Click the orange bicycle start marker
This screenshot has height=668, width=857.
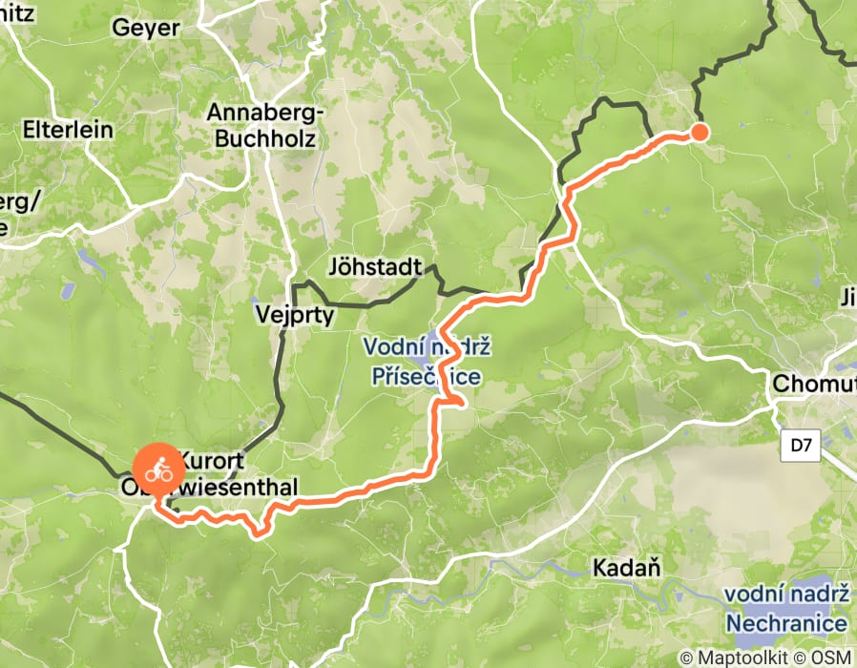(158, 470)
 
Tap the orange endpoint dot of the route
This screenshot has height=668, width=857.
(700, 132)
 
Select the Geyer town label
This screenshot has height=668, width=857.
(145, 28)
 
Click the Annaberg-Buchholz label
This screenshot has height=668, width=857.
(266, 125)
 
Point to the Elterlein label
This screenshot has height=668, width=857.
(68, 130)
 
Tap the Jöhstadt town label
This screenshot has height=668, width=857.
(372, 264)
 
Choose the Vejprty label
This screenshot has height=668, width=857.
(295, 313)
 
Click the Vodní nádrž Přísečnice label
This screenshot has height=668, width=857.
(424, 363)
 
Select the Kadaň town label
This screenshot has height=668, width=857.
(627, 569)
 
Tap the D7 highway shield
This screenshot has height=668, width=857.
(804, 445)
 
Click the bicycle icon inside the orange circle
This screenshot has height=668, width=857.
(158, 470)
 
